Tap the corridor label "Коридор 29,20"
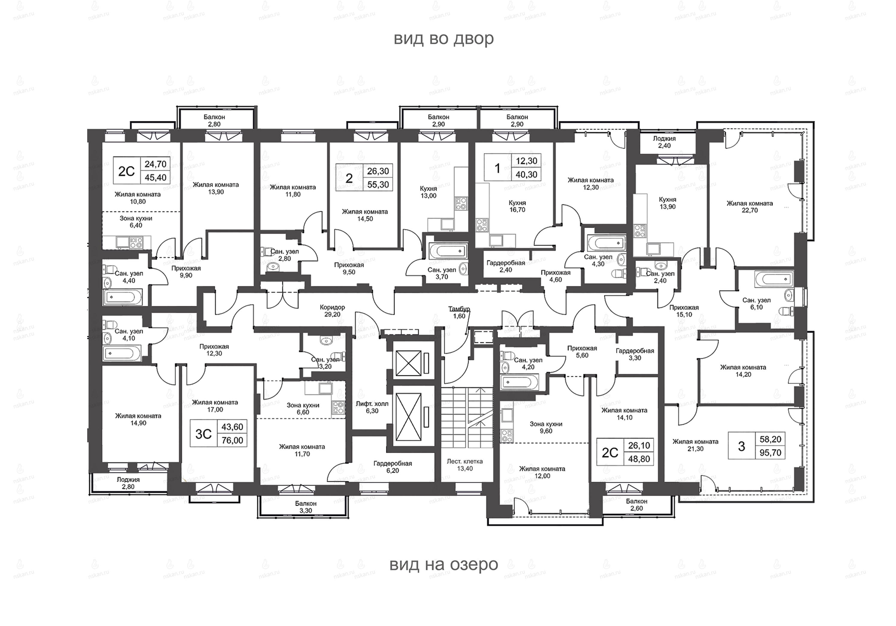coord(332,311)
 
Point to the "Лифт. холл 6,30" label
coord(372,407)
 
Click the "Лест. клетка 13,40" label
coord(465,465)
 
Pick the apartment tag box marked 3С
coord(218,433)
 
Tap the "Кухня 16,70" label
coord(517,206)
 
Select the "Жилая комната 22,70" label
coord(750,207)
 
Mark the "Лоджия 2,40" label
coord(664,142)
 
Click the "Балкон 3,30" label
coord(306,507)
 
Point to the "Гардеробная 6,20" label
coord(393,467)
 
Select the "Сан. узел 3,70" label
coord(441,273)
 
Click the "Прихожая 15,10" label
coord(684,311)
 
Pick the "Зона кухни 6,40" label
coord(136,222)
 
